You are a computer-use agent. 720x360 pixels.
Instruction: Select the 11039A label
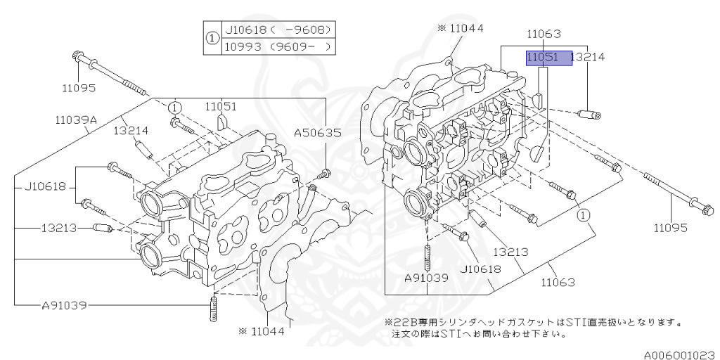(76, 120)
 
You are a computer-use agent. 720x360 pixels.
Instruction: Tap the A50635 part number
(317, 131)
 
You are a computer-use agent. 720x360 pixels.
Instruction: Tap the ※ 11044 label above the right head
(461, 28)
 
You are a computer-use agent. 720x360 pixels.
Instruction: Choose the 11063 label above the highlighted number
(543, 33)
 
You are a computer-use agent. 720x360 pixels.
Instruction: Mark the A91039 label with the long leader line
(65, 305)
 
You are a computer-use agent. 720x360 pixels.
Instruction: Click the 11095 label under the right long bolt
(671, 228)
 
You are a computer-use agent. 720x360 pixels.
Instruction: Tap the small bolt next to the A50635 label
(325, 172)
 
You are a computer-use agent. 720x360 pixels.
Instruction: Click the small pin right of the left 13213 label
(103, 228)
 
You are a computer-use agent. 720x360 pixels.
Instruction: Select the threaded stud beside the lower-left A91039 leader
(212, 310)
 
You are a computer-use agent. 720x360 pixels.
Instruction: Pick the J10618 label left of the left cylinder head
(45, 186)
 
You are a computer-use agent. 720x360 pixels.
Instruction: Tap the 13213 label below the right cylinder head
(510, 252)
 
